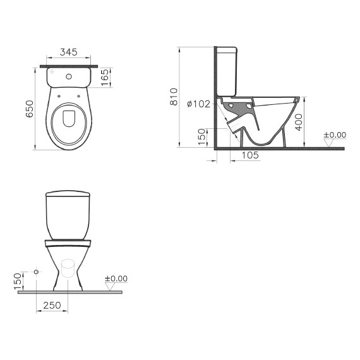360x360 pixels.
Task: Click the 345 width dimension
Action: pos(69,52)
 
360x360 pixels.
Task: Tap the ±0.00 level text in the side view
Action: pos(335,135)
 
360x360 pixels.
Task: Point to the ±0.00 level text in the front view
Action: pos(116,279)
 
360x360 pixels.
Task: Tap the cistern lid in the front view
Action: pos(68,192)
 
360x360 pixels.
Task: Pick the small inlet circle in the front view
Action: pos(36,272)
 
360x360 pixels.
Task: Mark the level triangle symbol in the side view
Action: pos(329,143)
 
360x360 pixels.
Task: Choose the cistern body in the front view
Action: pos(68,218)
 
